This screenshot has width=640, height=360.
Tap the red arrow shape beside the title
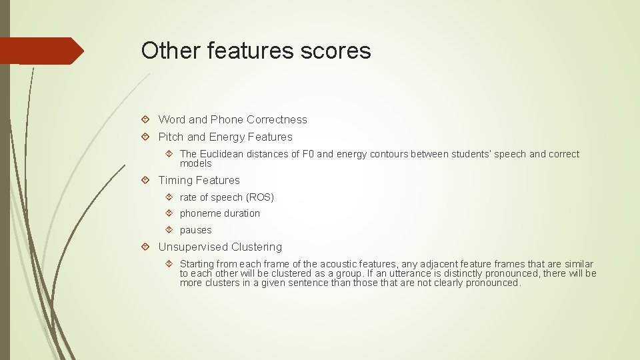[x=43, y=51]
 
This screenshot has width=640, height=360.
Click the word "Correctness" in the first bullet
[x=277, y=120]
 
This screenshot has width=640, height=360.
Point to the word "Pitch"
[x=171, y=137]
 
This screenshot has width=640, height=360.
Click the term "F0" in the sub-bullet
[x=309, y=154]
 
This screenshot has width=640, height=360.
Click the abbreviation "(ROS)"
[x=260, y=197]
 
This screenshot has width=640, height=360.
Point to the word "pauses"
[x=195, y=230]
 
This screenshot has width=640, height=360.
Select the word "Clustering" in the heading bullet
[x=257, y=247]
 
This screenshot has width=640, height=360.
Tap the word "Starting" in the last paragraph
[x=197, y=264]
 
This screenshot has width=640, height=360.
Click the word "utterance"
[x=416, y=273]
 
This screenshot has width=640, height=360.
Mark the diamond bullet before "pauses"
[x=169, y=230]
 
